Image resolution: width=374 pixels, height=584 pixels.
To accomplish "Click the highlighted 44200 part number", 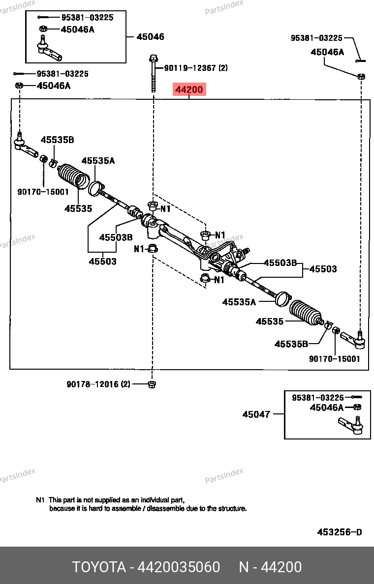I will (x=189, y=90).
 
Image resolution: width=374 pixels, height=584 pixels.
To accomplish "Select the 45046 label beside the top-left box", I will (x=150, y=37).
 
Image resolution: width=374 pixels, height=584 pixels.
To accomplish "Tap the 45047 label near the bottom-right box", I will (x=256, y=414).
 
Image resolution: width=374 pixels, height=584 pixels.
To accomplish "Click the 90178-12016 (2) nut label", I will (x=98, y=384).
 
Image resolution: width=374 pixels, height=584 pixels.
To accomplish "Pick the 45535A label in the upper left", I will (x=98, y=161).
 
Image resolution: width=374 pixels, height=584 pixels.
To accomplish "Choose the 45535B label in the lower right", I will (x=291, y=344).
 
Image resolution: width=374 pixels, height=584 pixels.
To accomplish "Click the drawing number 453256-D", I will (x=340, y=532).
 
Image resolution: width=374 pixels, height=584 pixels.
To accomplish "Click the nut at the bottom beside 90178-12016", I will (x=152, y=384).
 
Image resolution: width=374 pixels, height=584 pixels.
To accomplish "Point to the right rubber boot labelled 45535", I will (x=306, y=313).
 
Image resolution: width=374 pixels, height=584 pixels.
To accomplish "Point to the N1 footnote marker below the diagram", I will (x=40, y=499).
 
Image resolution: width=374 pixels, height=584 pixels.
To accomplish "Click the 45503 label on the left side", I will (x=102, y=262).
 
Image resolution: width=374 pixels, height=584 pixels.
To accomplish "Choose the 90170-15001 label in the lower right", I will (x=335, y=359).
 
